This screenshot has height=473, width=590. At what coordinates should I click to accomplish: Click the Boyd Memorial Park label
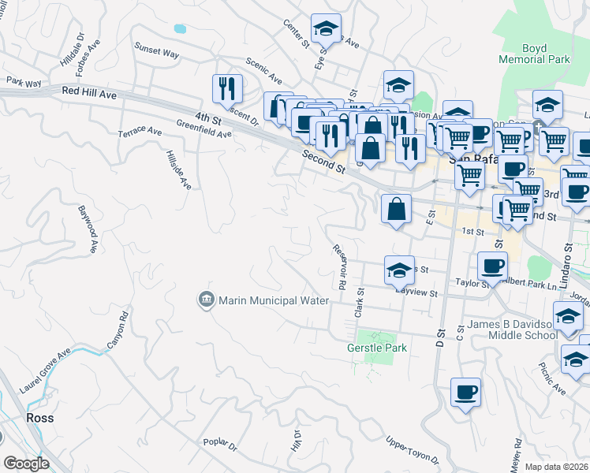tap(534, 54)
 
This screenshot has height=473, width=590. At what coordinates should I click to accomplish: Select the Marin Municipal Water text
tap(268, 300)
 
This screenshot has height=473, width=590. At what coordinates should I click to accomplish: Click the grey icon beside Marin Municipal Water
tap(206, 300)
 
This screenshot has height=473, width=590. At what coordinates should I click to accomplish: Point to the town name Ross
tap(40, 418)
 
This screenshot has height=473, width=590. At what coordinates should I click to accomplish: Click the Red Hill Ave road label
tap(89, 93)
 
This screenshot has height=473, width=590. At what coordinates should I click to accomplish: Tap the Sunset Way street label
tap(156, 53)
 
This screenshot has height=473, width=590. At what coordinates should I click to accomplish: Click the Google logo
tap(25, 464)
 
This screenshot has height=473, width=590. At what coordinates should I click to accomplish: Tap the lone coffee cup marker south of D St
tap(465, 393)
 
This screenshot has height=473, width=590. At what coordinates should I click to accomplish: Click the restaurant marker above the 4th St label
tap(227, 89)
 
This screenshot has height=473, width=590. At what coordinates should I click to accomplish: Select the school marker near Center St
tap(326, 30)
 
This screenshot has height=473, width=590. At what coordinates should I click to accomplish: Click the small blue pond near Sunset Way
tap(180, 28)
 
